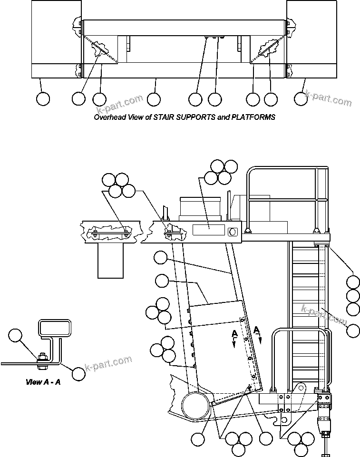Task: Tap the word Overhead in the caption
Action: [109, 117]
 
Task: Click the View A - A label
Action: [42, 381]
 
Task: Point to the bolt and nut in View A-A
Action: [42, 358]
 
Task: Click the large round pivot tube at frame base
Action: [195, 405]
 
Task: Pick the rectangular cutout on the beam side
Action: [208, 230]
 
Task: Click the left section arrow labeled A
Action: [234, 339]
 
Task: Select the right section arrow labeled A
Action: [257, 332]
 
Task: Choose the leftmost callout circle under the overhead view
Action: [43, 99]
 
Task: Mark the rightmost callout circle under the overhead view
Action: [301, 99]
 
